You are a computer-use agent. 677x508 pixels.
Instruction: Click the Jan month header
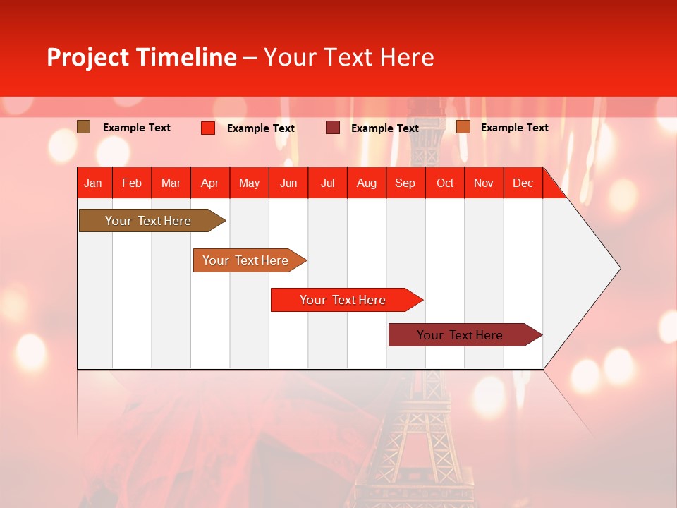click(93, 183)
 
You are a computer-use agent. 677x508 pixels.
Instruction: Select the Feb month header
click(132, 183)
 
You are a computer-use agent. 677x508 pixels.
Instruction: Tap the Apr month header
click(209, 183)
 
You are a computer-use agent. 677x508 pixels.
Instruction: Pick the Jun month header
click(288, 183)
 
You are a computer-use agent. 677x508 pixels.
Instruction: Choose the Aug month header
click(366, 183)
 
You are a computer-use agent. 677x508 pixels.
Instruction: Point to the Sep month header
click(405, 183)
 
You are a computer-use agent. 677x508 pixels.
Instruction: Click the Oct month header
click(445, 183)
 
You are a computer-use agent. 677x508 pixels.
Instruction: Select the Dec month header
click(523, 183)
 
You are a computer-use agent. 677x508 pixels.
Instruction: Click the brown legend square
click(83, 127)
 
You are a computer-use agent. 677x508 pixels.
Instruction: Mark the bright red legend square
click(208, 128)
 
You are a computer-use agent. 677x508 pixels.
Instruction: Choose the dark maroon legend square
click(332, 128)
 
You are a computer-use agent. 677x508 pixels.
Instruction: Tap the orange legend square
click(463, 127)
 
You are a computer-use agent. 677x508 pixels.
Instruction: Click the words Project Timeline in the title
click(141, 57)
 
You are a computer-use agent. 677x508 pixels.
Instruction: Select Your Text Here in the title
click(349, 57)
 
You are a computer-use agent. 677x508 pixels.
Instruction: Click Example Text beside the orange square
click(514, 128)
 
